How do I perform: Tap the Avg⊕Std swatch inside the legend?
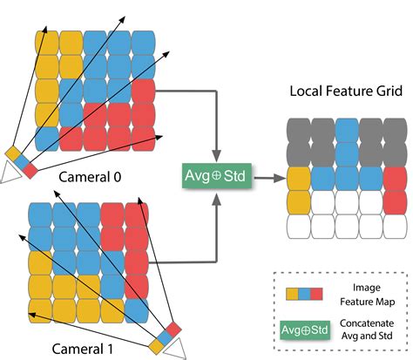tap(301, 330)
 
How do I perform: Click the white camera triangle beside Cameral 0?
tap(10, 173)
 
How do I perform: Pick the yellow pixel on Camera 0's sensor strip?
tap(13, 153)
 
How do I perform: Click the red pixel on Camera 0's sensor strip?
tap(31, 168)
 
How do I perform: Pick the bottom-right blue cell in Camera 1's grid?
tap(137, 310)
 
